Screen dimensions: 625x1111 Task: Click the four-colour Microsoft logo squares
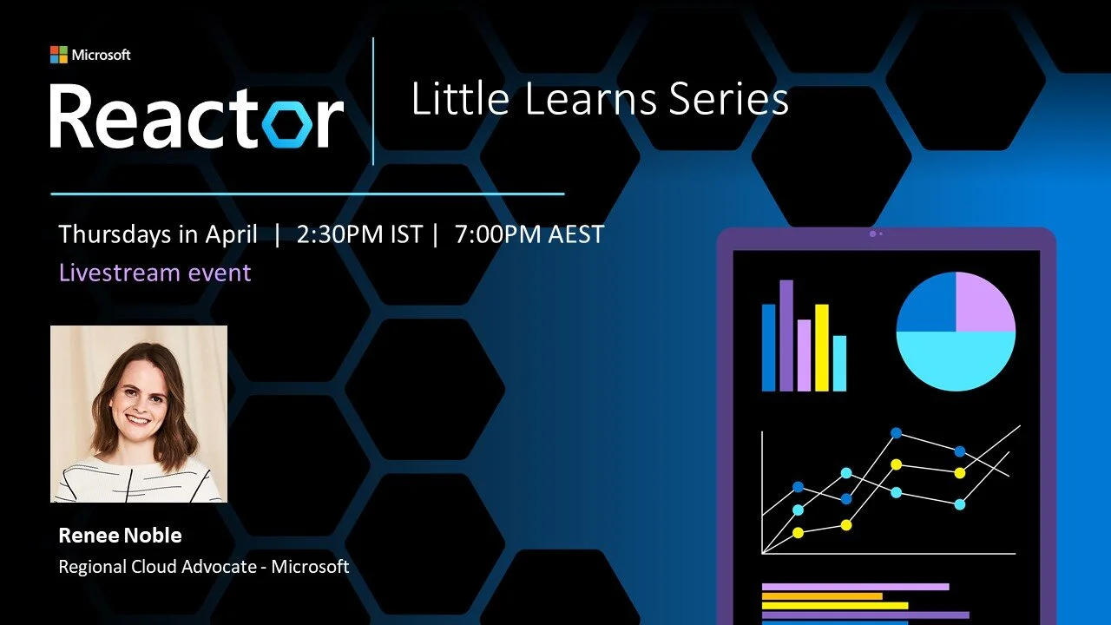pyautogui.click(x=58, y=55)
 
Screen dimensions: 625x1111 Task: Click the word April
pyautogui.click(x=231, y=234)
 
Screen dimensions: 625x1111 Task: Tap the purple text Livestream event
pyautogui.click(x=154, y=273)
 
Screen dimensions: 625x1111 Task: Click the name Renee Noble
pyautogui.click(x=120, y=536)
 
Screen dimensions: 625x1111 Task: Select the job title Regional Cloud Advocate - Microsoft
pyautogui.click(x=203, y=567)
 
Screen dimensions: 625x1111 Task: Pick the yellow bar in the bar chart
pyautogui.click(x=821, y=347)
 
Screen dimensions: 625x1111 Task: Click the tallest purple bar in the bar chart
pyautogui.click(x=786, y=335)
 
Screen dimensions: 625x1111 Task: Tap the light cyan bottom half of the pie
pyautogui.click(x=956, y=360)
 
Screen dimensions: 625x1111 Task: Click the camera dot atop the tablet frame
pyautogui.click(x=871, y=234)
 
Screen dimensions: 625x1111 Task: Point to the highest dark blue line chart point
pyautogui.click(x=896, y=432)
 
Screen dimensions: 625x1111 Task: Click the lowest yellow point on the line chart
pyautogui.click(x=798, y=532)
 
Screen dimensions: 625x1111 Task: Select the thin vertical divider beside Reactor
pyautogui.click(x=373, y=102)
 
